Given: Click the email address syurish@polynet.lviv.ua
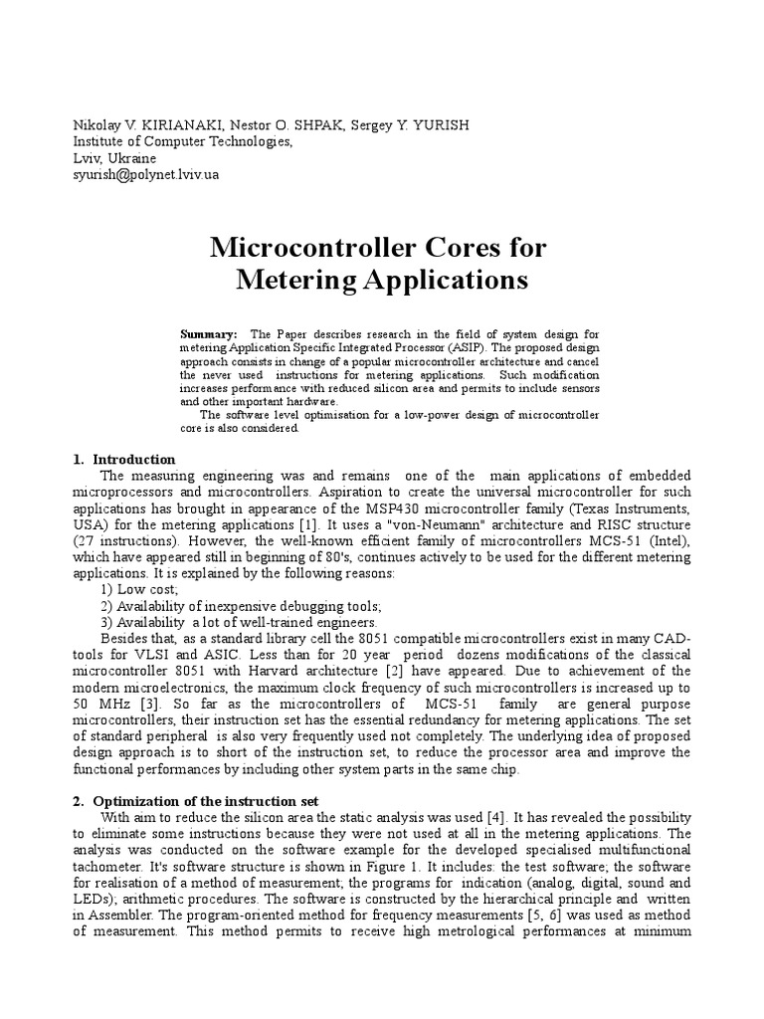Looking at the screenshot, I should tap(146, 174).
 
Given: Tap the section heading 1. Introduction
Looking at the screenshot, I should tap(124, 460).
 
